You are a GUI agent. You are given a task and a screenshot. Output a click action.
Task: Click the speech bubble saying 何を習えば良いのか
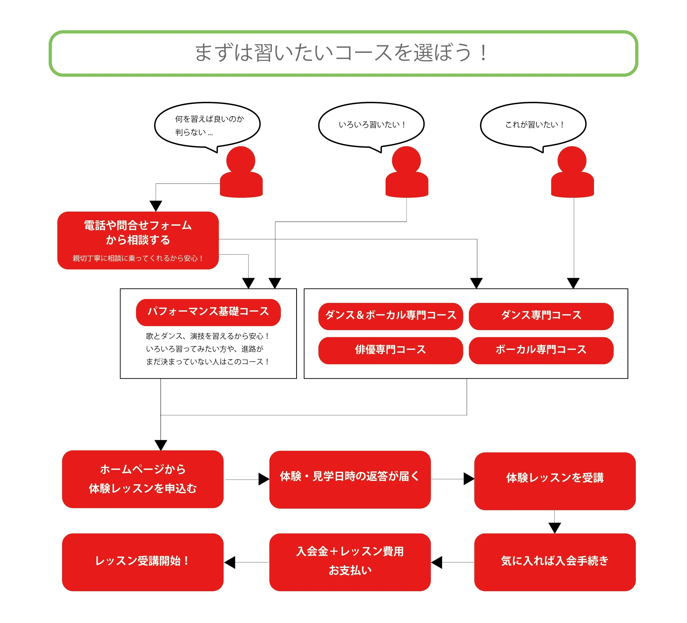pyautogui.click(x=207, y=125)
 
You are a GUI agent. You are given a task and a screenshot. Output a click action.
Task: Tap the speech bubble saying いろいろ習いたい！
pyautogui.click(x=371, y=125)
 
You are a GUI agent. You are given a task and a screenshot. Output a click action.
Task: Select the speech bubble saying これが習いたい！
pyautogui.click(x=533, y=125)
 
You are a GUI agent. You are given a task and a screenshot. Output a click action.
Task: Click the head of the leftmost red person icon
pyautogui.click(x=241, y=160)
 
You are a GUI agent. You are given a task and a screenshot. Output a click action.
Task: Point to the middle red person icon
pyautogui.click(x=406, y=174)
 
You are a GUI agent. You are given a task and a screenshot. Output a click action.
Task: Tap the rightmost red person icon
pyautogui.click(x=572, y=174)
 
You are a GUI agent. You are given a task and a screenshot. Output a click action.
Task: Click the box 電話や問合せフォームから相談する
pyautogui.click(x=138, y=240)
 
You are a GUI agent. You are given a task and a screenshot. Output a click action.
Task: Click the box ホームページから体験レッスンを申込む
pyautogui.click(x=142, y=479)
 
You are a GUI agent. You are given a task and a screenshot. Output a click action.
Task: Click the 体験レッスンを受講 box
pyautogui.click(x=554, y=481)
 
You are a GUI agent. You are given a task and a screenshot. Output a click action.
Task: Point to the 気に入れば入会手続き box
pyautogui.click(x=554, y=562)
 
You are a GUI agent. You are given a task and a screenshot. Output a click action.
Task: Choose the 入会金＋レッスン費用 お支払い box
pyautogui.click(x=350, y=562)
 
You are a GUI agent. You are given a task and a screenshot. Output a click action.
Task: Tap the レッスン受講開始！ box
pyautogui.click(x=142, y=562)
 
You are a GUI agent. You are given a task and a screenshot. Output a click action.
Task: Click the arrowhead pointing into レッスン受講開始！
pyautogui.click(x=230, y=562)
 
